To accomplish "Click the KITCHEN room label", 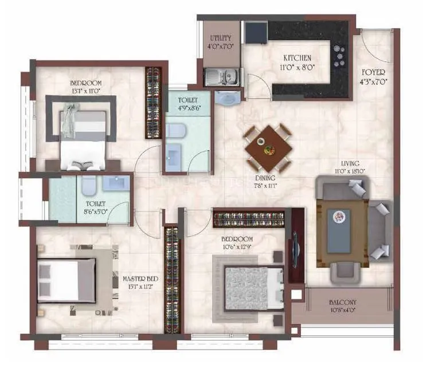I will pyautogui.click(x=297, y=58).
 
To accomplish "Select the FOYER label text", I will pyautogui.click(x=373, y=72).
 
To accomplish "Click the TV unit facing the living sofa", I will pyautogui.click(x=296, y=245).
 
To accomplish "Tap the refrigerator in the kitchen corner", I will pyautogui.click(x=254, y=33).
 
